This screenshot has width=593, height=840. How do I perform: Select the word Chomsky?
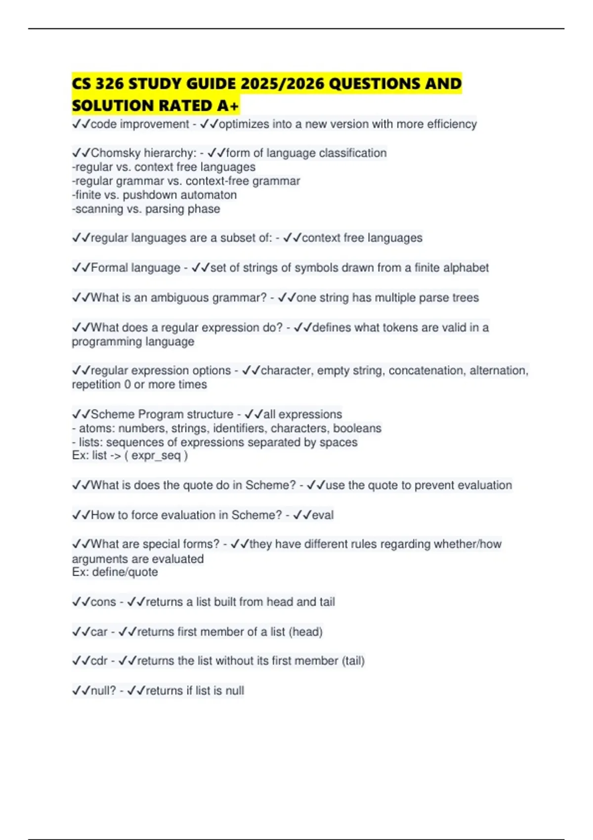tap(116, 153)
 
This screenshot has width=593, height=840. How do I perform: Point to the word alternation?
tap(499, 371)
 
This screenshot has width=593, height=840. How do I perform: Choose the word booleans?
tap(357, 428)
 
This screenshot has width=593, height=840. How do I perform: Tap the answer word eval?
tap(323, 515)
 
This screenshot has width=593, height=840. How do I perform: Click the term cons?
tap(103, 602)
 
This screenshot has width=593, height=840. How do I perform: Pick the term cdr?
tap(99, 661)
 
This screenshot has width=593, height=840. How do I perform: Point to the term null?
tap(103, 691)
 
